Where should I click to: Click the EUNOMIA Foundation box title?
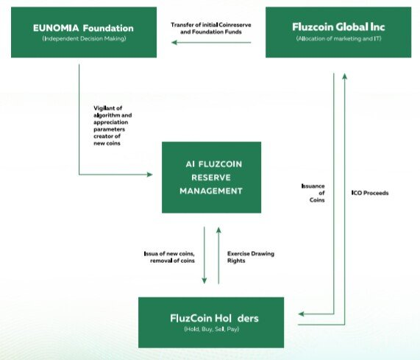coord(83,28)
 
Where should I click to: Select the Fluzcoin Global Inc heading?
coord(338,27)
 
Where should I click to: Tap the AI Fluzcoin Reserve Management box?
coord(211,177)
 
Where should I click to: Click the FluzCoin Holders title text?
coord(214,318)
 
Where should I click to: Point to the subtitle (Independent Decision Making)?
coord(84,38)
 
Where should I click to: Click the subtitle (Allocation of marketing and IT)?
coord(338,38)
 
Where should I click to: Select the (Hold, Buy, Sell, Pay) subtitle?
coord(211,329)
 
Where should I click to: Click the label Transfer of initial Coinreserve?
coord(211,25)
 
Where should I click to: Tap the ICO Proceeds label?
coord(370,193)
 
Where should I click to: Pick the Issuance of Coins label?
coord(313,193)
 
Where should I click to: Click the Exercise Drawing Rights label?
coord(251,257)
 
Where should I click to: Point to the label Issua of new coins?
coord(169,253)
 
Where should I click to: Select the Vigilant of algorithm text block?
coord(113,126)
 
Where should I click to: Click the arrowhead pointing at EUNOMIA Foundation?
coord(174,43)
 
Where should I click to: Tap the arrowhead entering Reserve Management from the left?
coord(150,174)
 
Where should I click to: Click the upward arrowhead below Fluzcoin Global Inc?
coord(345,77)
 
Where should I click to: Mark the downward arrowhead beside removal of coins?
coord(204,280)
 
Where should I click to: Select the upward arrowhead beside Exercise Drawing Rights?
coord(218,230)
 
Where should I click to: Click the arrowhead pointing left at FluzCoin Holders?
coord(301,314)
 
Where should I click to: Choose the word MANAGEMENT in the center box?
coord(211,191)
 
